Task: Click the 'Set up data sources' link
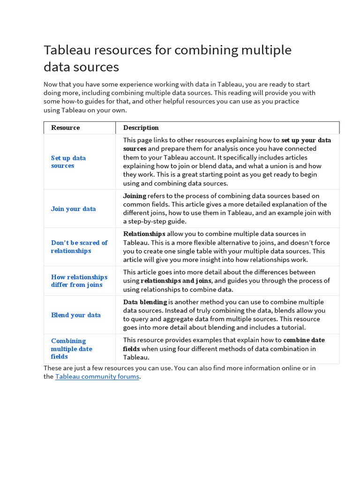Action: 68,162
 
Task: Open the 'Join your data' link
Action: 73,209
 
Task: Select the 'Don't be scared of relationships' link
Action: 79,247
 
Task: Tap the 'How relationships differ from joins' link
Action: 79,281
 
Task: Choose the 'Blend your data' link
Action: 75,315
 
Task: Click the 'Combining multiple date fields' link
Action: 71,349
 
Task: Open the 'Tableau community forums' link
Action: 97,376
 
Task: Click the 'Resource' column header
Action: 65,127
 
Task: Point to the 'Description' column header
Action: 141,127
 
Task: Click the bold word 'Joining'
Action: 135,195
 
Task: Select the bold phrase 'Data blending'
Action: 145,302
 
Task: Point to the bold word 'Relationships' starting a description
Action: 144,233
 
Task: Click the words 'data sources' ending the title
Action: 81,67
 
